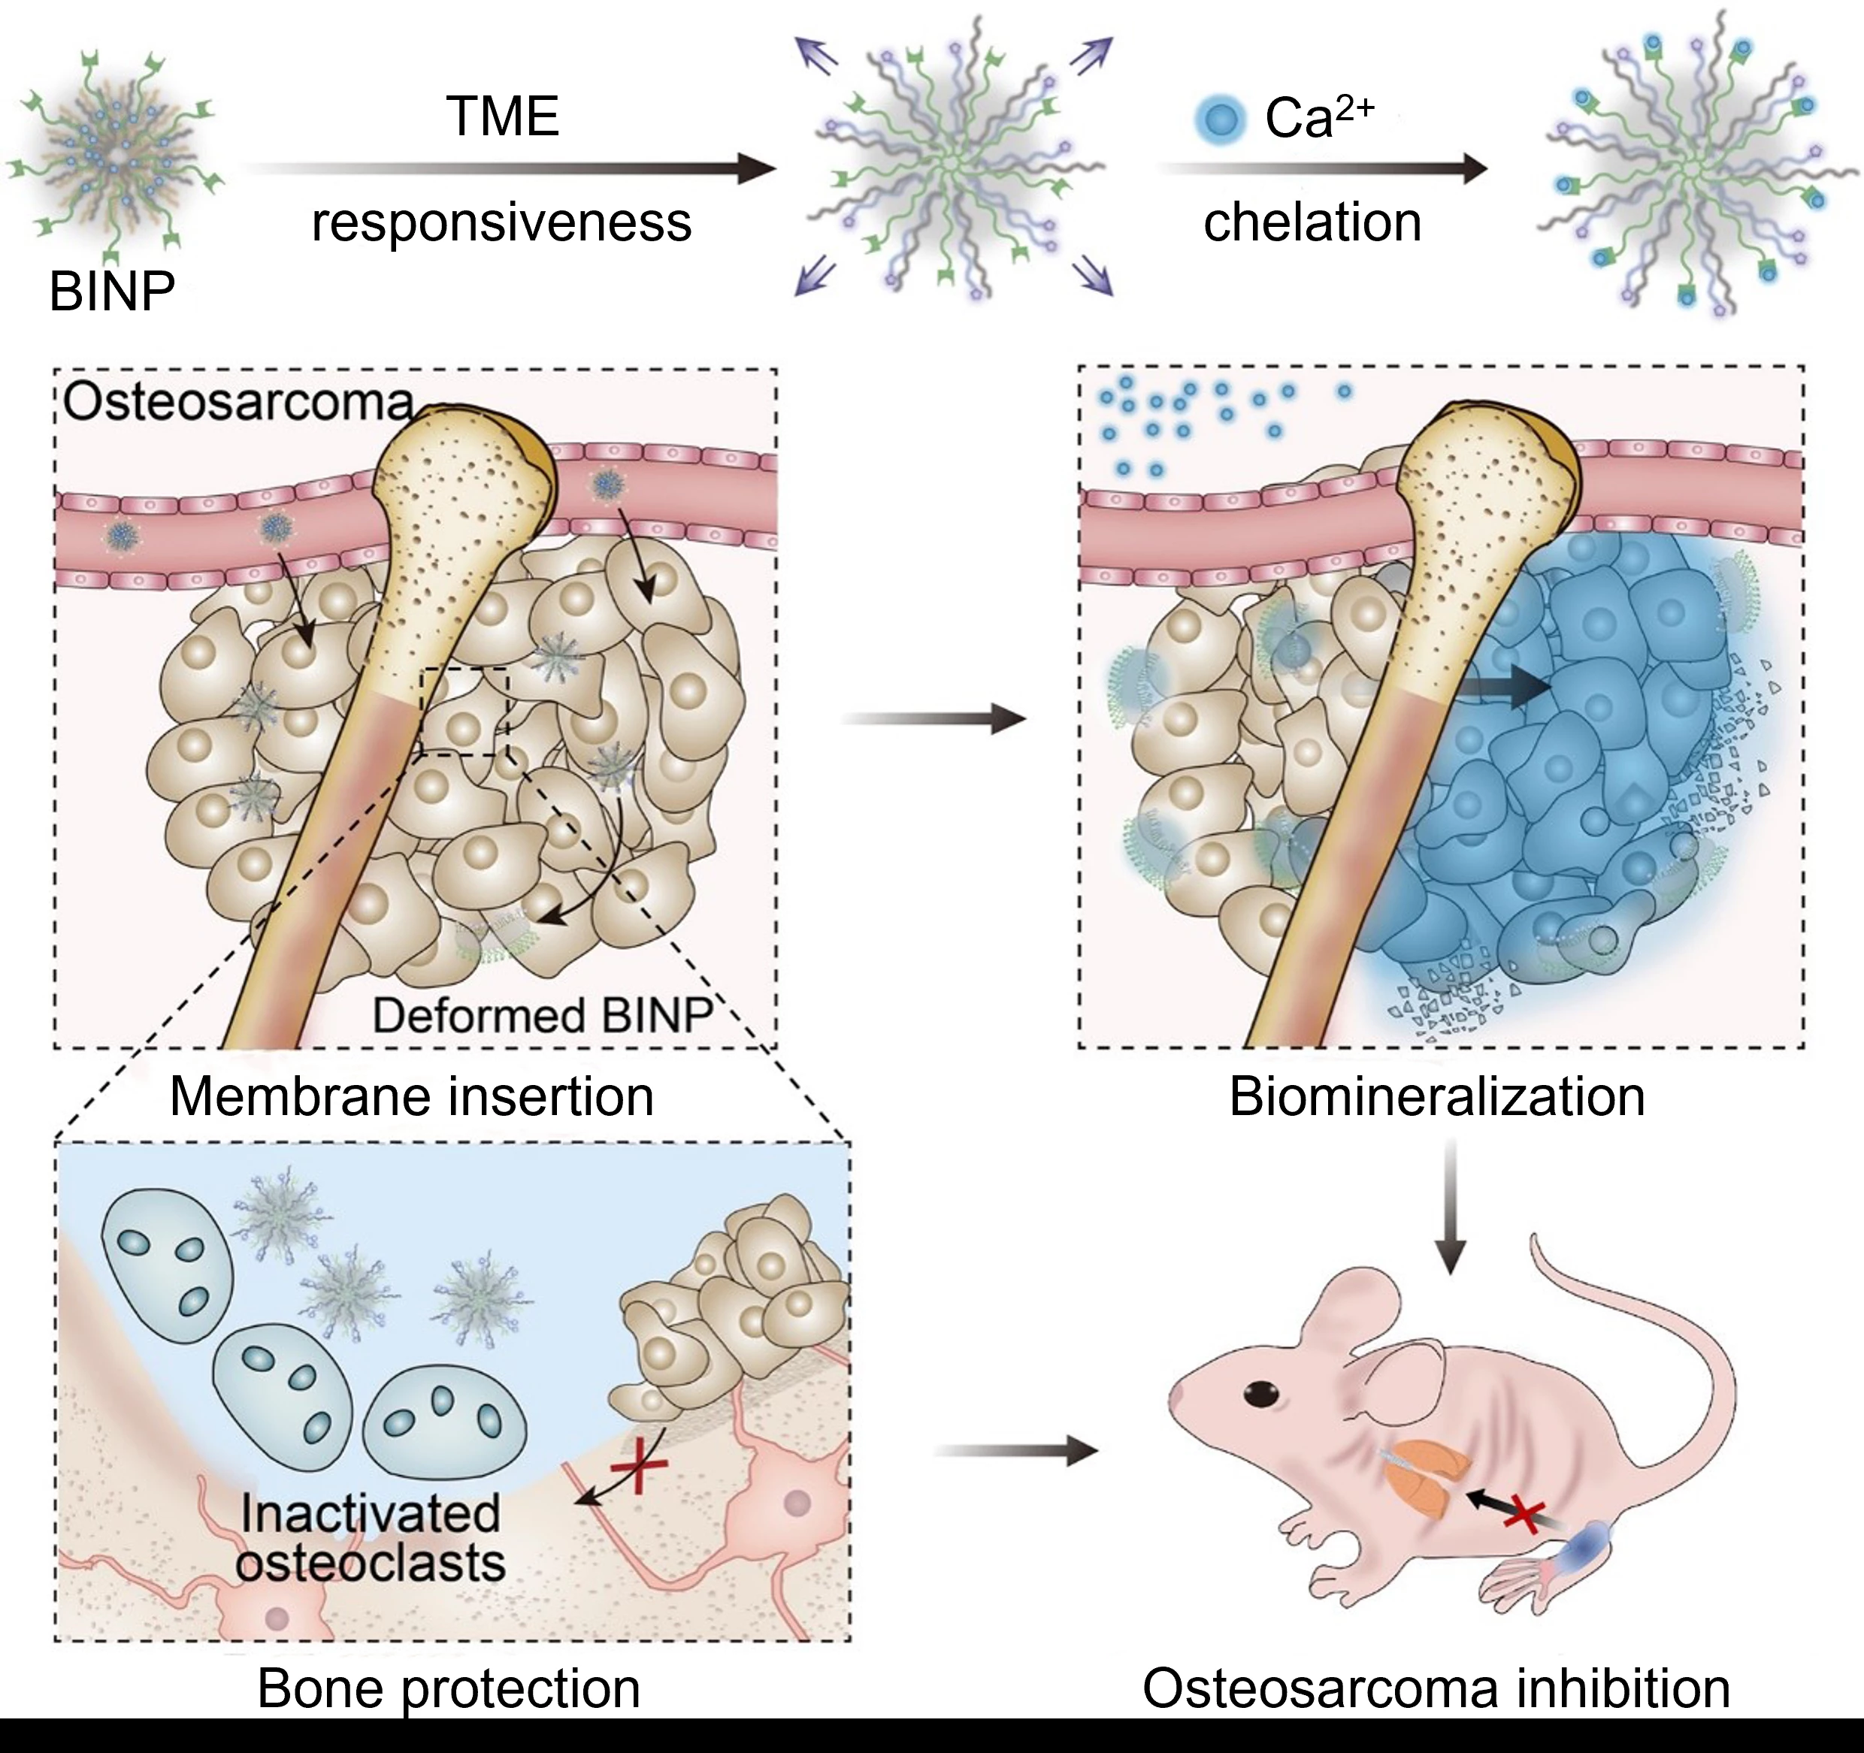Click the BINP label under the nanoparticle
pos(111,292)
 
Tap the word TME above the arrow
pos(503,117)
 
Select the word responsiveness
pos(501,223)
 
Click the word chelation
pos(1312,223)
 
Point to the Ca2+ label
pos(1318,117)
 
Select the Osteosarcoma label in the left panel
pos(238,402)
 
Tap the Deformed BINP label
pos(543,1015)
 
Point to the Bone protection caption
pos(448,1688)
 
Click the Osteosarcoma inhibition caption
pos(1436,1688)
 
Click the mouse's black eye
pos(1261,1393)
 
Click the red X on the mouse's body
pos(1524,1515)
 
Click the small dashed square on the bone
pos(464,709)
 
